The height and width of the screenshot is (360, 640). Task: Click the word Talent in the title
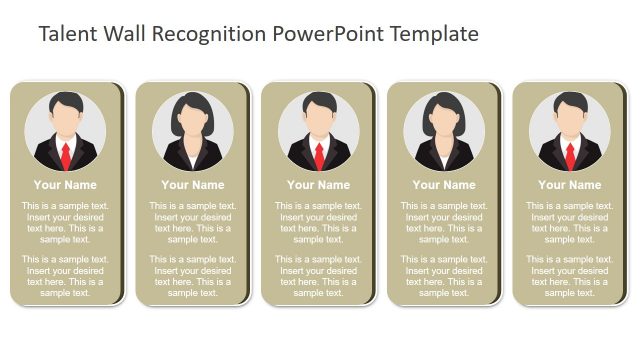(x=63, y=34)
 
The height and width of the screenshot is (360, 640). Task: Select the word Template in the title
(x=432, y=34)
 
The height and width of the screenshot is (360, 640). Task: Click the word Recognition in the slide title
(x=205, y=34)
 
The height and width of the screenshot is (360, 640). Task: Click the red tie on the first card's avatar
(x=66, y=155)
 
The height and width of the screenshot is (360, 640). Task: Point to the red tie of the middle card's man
(x=319, y=155)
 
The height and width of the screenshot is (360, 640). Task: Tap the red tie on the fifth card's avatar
(x=570, y=155)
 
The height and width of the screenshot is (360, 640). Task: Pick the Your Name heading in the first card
(x=66, y=185)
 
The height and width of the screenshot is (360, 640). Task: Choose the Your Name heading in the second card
(x=192, y=185)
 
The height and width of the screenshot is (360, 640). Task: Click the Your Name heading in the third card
(x=319, y=185)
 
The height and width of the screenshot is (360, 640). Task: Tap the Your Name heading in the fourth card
(x=444, y=185)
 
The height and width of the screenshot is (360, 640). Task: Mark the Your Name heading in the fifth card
(x=570, y=185)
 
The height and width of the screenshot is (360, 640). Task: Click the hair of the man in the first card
(x=66, y=102)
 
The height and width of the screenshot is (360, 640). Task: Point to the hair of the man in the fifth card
(x=570, y=102)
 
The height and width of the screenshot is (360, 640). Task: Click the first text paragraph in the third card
(x=319, y=222)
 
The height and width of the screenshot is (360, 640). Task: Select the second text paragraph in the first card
(x=66, y=276)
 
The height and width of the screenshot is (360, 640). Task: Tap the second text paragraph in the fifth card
(x=570, y=276)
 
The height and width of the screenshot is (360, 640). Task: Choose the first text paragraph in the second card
(x=192, y=222)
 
